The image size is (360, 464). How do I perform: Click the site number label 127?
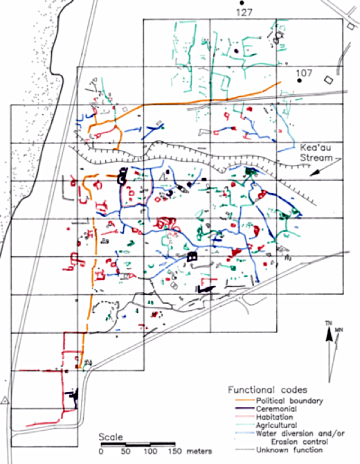click(244, 12)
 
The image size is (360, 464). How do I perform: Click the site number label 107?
click(305, 73)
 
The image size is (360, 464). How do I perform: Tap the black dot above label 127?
click(242, 3)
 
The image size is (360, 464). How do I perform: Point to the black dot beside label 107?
click(299, 80)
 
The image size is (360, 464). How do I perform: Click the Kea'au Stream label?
click(316, 152)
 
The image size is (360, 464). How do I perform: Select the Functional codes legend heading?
click(267, 390)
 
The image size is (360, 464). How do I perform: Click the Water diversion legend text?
click(300, 438)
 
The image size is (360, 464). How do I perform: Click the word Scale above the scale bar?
click(110, 437)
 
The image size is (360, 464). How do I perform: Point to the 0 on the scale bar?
click(101, 452)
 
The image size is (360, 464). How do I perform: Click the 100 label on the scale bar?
click(150, 452)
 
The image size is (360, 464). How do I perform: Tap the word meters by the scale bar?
click(199, 452)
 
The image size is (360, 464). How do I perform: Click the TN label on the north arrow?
click(328, 323)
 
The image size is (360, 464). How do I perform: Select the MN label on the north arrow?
click(339, 330)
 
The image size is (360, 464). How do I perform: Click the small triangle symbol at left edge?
click(4, 401)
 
